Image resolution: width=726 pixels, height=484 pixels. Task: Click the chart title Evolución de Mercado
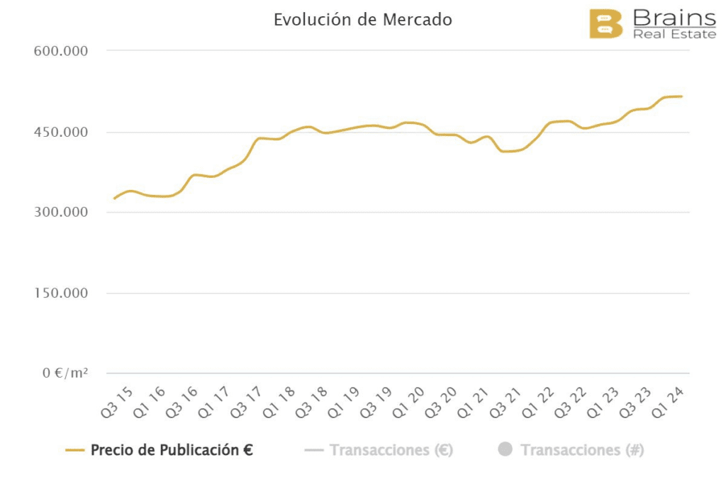point(362,20)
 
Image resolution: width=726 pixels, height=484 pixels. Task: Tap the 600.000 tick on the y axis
point(60,51)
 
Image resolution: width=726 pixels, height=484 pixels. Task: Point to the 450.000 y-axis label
point(60,133)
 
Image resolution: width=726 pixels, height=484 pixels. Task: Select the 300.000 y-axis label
point(60,213)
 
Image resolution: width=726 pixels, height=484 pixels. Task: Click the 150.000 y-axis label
point(60,293)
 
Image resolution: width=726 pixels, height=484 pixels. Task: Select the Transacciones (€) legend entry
point(391,450)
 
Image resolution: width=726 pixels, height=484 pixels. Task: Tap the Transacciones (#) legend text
point(582,450)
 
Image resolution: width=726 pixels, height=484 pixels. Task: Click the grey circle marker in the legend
point(505,449)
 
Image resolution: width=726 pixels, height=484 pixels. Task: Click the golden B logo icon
point(605,23)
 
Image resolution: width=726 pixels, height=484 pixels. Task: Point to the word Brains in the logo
point(674,17)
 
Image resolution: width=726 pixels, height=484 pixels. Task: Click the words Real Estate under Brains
point(674,34)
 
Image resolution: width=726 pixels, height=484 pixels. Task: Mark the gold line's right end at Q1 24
point(681,96)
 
